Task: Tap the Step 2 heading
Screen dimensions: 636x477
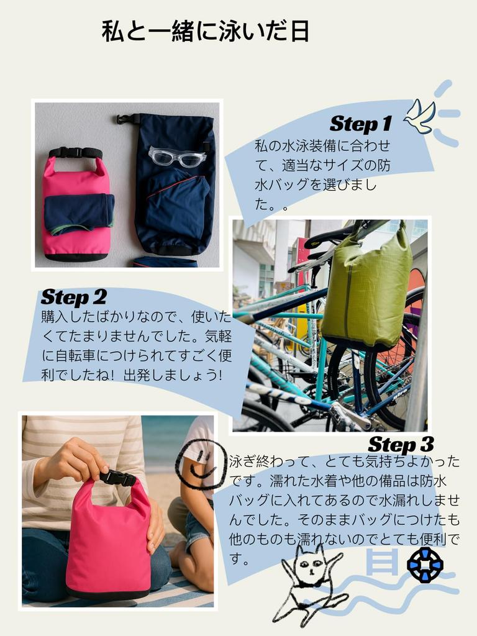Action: [x=73, y=297]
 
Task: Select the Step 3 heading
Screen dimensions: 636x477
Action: [x=400, y=445]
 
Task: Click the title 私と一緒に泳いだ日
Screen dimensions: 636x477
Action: [x=205, y=32]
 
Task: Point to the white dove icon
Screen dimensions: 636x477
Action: [x=419, y=116]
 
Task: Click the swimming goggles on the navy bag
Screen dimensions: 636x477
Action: [x=177, y=157]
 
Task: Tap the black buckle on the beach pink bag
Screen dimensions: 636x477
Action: [x=117, y=478]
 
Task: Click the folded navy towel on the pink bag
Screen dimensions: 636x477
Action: [x=78, y=212]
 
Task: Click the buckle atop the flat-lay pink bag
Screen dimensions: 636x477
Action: [x=76, y=152]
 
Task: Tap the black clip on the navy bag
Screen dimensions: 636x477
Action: [x=127, y=119]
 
